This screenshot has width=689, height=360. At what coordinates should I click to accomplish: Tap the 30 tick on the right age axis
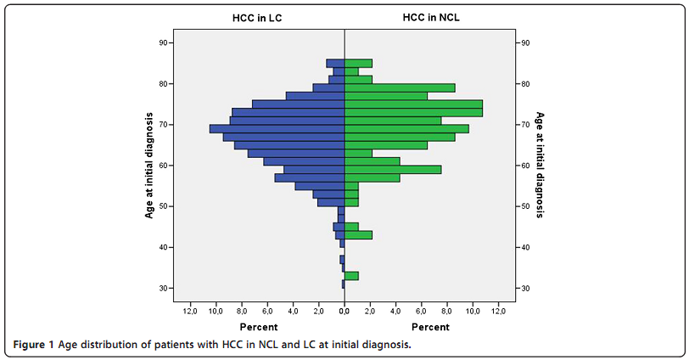click(526, 289)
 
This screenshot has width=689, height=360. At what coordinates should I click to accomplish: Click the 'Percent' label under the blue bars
click(258, 327)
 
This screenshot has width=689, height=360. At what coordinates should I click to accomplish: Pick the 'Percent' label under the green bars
click(430, 327)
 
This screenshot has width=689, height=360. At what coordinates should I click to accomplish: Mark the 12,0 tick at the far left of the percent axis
click(191, 312)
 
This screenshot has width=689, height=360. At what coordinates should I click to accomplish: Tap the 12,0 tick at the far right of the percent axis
click(498, 312)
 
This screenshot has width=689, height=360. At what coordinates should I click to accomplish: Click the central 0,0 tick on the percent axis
click(344, 312)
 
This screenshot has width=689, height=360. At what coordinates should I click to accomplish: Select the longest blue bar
click(277, 129)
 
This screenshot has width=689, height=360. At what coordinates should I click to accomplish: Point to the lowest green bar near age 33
click(351, 276)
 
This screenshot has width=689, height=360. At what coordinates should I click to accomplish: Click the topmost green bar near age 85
click(358, 64)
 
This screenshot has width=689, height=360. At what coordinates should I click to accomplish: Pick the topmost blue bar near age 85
click(335, 64)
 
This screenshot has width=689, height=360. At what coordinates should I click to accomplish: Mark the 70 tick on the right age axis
click(526, 125)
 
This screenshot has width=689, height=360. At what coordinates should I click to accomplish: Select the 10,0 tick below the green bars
click(473, 312)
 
